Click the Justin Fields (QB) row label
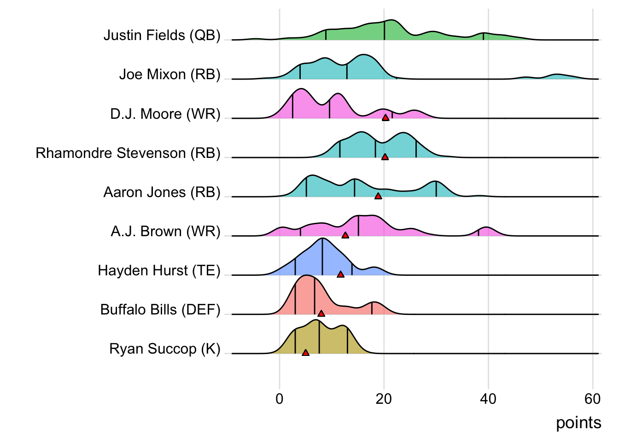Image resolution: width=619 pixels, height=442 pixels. (x=162, y=35)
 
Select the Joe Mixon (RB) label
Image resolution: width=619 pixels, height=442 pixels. (x=169, y=75)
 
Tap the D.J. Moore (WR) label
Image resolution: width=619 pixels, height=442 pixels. (x=165, y=114)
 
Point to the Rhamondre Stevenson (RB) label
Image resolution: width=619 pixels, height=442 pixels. (x=128, y=153)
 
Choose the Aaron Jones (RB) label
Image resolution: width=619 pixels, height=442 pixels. (x=162, y=192)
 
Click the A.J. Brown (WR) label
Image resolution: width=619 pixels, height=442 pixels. (x=165, y=231)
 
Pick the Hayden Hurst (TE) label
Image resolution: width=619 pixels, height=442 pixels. (x=159, y=270)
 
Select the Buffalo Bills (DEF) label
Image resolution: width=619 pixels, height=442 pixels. (x=160, y=309)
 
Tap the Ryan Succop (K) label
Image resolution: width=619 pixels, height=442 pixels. (x=165, y=349)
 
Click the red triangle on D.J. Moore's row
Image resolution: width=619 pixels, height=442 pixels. (x=385, y=118)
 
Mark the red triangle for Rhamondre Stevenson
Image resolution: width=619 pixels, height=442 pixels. (x=385, y=157)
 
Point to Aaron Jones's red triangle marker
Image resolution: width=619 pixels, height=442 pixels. (x=378, y=196)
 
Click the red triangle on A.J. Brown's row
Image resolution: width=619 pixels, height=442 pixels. (x=345, y=235)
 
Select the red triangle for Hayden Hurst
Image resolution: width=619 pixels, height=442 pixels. (x=340, y=274)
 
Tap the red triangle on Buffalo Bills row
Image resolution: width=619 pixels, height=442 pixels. (x=321, y=314)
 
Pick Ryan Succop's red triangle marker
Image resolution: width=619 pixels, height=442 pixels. (x=305, y=353)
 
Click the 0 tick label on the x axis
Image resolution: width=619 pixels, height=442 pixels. (x=280, y=399)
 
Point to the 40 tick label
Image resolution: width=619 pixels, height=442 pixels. (x=488, y=399)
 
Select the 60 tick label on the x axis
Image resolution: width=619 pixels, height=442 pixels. (x=592, y=399)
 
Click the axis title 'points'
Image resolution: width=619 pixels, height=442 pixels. (x=578, y=423)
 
